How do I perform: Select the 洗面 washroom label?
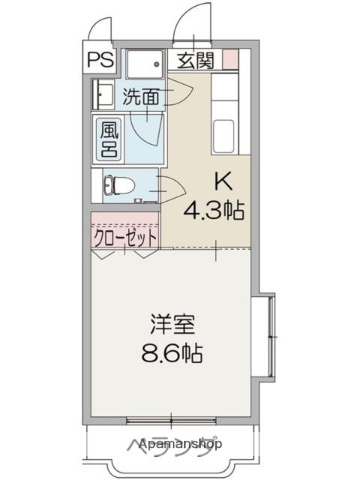(142, 97)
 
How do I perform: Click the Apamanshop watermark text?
(182, 443)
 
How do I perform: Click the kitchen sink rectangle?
(227, 132)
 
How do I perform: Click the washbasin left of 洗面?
(102, 97)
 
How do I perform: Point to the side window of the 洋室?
(266, 330)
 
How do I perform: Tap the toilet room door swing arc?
(165, 187)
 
